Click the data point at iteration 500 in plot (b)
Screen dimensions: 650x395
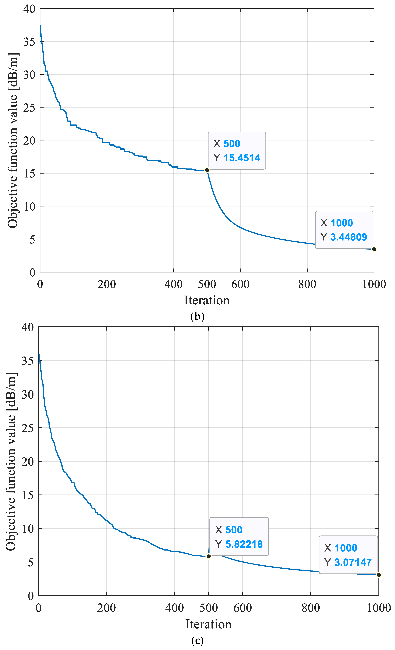207,170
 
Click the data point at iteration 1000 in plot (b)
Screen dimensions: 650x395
374,249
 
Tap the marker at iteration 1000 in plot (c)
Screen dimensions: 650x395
379,575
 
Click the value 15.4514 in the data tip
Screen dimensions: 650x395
242,158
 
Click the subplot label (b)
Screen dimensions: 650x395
197,316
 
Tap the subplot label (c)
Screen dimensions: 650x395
197,640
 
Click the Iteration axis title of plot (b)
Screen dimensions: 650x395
207,300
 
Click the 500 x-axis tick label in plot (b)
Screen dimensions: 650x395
207,284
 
